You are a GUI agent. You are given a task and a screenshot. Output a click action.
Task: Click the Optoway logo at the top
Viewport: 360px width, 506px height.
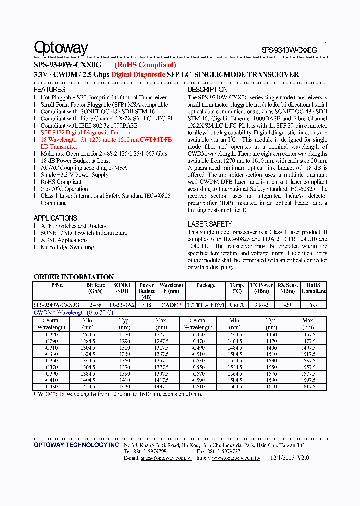[60, 48]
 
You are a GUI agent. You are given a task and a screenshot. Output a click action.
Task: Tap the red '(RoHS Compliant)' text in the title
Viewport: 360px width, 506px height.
[145, 65]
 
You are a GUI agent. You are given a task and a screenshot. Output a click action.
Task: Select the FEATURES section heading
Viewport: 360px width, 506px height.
[49, 90]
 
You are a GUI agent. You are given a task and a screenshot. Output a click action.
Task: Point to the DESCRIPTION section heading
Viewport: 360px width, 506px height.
[208, 90]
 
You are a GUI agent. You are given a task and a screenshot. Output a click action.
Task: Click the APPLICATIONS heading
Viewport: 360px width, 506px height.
[55, 218]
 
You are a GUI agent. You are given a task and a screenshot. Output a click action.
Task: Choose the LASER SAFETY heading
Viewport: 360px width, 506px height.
[210, 224]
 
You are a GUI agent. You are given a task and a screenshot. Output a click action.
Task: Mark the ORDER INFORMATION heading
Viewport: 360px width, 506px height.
[73, 277]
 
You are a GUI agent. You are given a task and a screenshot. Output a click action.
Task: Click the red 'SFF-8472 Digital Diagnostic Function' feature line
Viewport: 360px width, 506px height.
[86, 133]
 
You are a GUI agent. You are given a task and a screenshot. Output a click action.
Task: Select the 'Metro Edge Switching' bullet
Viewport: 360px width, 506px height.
[67, 247]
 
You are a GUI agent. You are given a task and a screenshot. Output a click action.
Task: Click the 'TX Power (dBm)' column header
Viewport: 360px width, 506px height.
[261, 288]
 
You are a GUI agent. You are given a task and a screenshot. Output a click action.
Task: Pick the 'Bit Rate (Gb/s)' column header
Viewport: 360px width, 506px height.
[95, 288]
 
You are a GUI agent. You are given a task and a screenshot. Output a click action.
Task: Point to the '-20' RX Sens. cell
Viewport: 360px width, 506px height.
[287, 305]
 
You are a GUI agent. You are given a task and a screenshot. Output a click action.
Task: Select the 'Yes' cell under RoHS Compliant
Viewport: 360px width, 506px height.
[313, 305]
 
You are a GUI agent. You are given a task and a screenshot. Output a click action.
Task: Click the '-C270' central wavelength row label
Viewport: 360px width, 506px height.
[51, 334]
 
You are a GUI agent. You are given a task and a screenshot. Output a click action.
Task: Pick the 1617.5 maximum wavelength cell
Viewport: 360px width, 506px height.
[308, 387]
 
